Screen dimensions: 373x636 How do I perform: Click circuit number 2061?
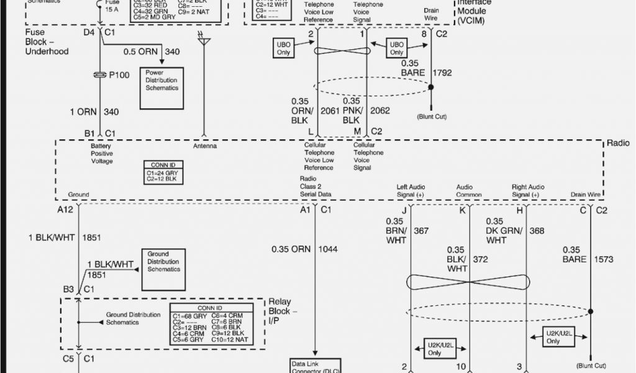pyautogui.click(x=330, y=111)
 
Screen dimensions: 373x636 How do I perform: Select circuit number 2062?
pyautogui.click(x=381, y=111)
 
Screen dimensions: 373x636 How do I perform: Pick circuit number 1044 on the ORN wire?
pyautogui.click(x=329, y=249)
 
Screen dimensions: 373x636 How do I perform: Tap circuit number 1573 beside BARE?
pyautogui.click(x=606, y=259)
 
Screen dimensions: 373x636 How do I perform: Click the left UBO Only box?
pyautogui.click(x=283, y=48)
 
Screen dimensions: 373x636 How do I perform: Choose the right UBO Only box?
pyautogui.click(x=397, y=48)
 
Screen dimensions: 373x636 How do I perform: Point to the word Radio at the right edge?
pyautogui.click(x=618, y=144)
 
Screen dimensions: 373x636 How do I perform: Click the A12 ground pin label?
pyautogui.click(x=66, y=210)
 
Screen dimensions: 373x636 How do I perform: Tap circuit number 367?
pyautogui.click(x=421, y=231)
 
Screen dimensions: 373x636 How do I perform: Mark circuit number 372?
pyautogui.click(x=480, y=259)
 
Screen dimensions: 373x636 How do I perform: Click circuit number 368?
pyautogui.click(x=537, y=231)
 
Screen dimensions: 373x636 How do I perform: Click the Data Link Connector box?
pyautogui.click(x=315, y=366)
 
